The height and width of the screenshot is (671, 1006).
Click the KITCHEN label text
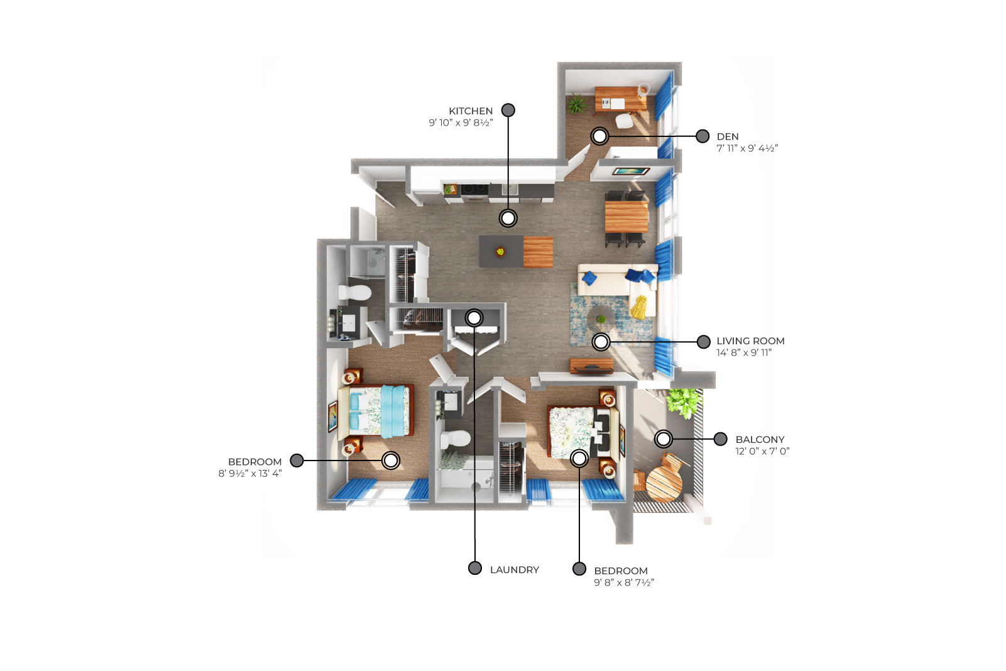click(471, 111)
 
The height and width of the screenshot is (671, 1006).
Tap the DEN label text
click(728, 136)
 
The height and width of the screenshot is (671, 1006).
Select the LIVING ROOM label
click(750, 341)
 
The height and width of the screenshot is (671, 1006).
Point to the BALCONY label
click(760, 439)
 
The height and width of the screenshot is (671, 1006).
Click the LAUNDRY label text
click(514, 569)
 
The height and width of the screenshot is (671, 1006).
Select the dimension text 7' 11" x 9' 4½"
click(747, 148)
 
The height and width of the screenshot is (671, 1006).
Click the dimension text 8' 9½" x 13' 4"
click(250, 473)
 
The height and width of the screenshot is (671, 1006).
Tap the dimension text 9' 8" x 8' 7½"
click(624, 582)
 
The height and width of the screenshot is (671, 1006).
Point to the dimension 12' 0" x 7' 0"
click(762, 451)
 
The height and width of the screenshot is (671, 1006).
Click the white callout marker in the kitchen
click(508, 218)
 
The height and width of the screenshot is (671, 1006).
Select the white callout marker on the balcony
click(664, 439)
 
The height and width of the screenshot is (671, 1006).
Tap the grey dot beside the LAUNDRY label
click(474, 568)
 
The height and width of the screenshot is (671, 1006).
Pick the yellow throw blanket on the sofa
click(640, 307)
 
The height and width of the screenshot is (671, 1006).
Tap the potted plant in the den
click(576, 105)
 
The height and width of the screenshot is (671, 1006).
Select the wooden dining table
click(626, 217)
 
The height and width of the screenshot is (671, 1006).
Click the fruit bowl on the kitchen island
click(500, 251)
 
